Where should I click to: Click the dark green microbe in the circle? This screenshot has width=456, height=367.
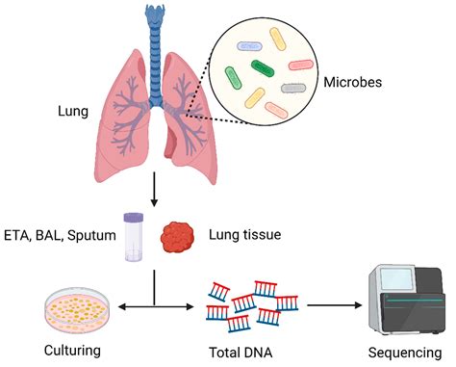coord(263,67)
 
